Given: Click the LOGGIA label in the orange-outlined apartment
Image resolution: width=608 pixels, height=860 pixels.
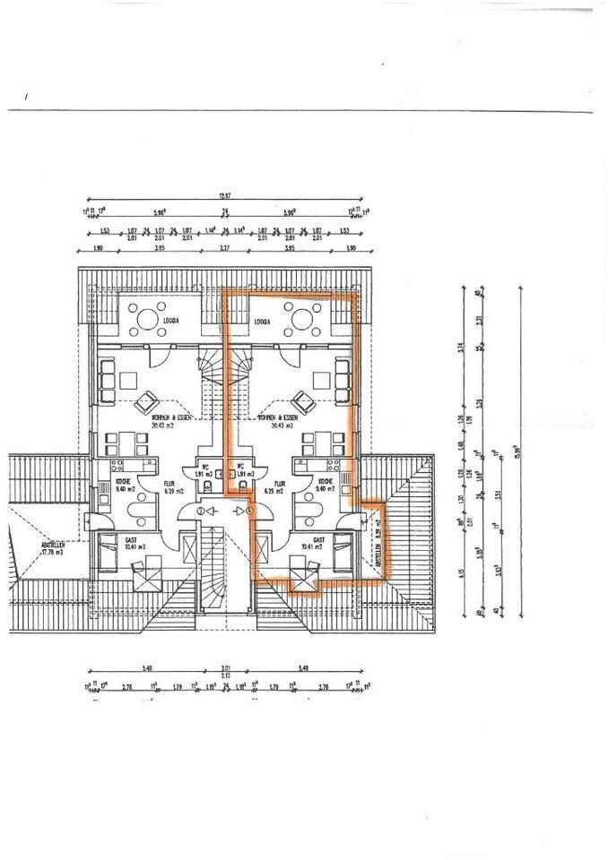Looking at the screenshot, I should pos(263,320).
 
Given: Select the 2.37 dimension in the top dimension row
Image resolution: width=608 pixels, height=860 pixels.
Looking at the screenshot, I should pos(223,248).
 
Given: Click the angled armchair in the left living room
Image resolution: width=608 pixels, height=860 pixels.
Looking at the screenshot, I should pos(143,405).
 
